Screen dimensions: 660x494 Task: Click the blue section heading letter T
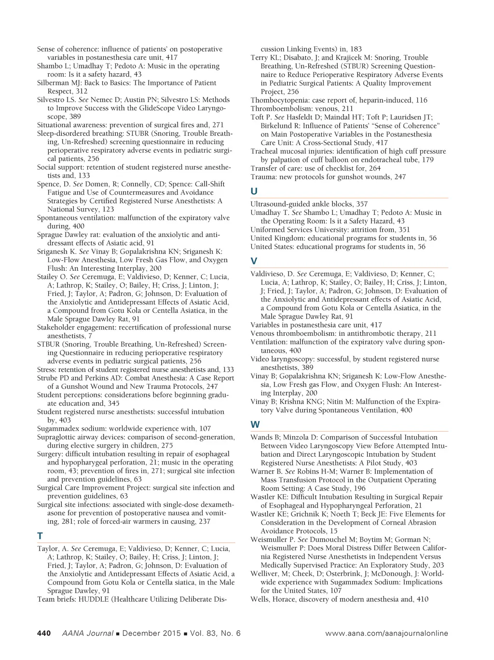[x=40, y=536]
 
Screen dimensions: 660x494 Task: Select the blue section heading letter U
[x=254, y=191]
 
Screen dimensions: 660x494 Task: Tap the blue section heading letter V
[x=254, y=261]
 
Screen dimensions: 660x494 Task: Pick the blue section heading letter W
[x=255, y=424]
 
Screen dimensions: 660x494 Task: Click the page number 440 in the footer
[x=44, y=634]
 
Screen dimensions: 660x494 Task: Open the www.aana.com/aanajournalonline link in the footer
[x=386, y=634]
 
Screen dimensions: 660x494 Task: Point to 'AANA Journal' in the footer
[x=88, y=634]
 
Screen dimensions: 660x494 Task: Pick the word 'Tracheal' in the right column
[x=264, y=151]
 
